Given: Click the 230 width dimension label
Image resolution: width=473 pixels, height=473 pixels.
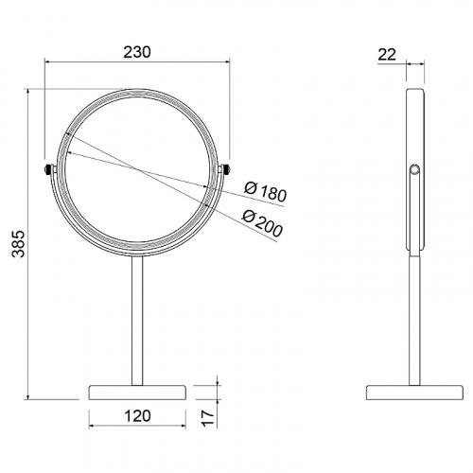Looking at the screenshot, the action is click(x=137, y=52).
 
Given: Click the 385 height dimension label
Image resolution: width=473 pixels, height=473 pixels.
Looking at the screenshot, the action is click(x=18, y=244).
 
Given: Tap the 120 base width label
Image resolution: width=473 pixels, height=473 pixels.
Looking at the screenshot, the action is click(x=138, y=416).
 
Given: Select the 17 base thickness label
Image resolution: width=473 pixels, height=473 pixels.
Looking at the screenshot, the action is click(x=207, y=418).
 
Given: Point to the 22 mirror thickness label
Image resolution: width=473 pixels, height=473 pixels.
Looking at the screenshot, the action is click(x=387, y=55).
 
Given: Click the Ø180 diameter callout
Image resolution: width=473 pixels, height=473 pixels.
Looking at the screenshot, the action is click(x=266, y=192).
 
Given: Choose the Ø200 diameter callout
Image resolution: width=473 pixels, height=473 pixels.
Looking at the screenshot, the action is click(x=262, y=223).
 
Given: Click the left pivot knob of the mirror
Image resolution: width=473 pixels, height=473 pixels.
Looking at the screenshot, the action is click(x=47, y=169).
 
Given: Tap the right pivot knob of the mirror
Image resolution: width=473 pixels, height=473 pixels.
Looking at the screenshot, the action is click(x=226, y=169).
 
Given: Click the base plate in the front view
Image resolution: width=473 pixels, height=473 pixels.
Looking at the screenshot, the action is click(x=137, y=393).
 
